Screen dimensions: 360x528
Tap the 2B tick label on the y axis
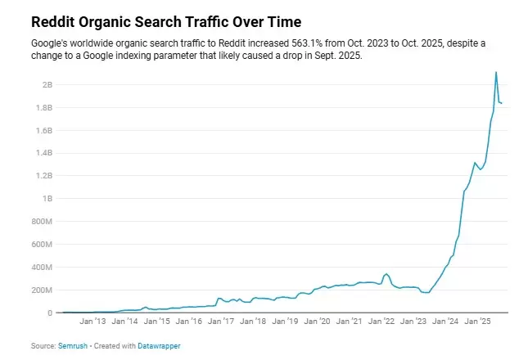click(x=47, y=84)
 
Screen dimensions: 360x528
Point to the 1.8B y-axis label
click(x=44, y=107)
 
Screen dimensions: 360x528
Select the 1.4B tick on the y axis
click(x=44, y=153)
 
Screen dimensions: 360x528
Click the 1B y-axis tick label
click(x=47, y=199)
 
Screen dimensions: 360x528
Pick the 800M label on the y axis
click(x=43, y=222)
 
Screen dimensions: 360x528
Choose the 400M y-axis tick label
click(x=43, y=268)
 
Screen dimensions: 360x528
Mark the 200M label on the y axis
click(x=43, y=290)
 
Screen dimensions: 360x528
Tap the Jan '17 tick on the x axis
click(x=221, y=322)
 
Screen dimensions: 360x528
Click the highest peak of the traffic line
click(x=496, y=72)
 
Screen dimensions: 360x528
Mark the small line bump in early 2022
click(x=386, y=274)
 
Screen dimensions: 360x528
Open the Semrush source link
click(x=71, y=346)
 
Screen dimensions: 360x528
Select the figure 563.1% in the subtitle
click(x=276, y=41)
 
